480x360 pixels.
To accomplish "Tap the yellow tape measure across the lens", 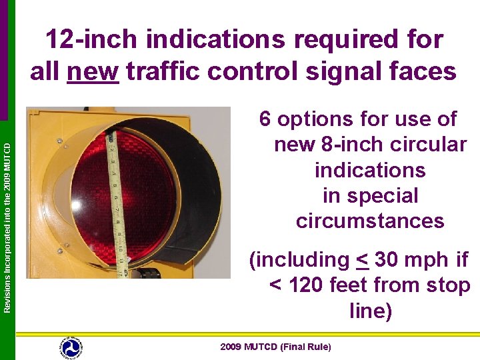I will (x=117, y=200).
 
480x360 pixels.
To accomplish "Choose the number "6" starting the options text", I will (x=265, y=120).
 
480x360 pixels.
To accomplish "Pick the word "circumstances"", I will (x=370, y=221).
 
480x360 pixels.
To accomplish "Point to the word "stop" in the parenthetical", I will (x=447, y=285).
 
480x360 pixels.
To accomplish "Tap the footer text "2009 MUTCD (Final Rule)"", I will (x=275, y=347).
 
